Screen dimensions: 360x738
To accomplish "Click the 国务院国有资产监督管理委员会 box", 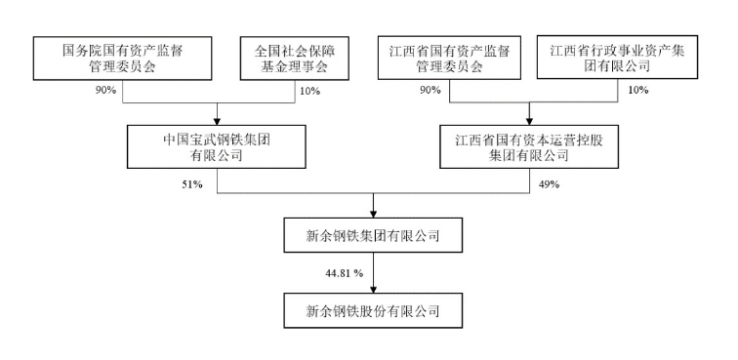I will (124, 58).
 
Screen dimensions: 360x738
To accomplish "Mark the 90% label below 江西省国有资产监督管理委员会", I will (429, 90).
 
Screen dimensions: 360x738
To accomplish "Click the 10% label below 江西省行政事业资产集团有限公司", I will (637, 90).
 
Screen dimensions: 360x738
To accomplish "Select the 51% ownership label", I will (190, 183).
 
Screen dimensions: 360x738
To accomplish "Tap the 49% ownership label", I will (548, 183).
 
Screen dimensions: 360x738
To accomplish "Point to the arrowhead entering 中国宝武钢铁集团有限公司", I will (216, 119).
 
